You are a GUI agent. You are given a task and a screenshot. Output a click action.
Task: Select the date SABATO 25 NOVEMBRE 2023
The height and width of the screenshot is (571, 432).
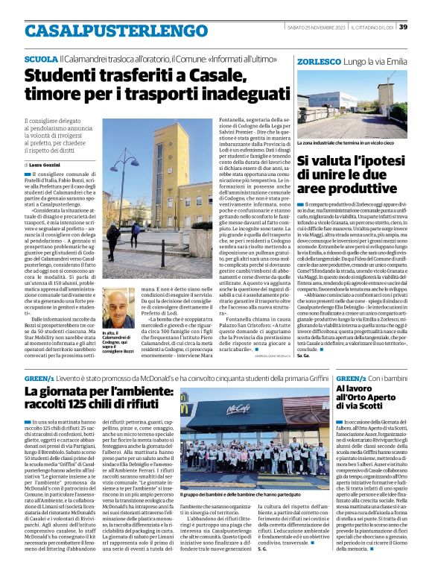[x=313, y=27]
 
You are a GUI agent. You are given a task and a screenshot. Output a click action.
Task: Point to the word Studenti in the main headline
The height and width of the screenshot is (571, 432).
[x=60, y=75]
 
